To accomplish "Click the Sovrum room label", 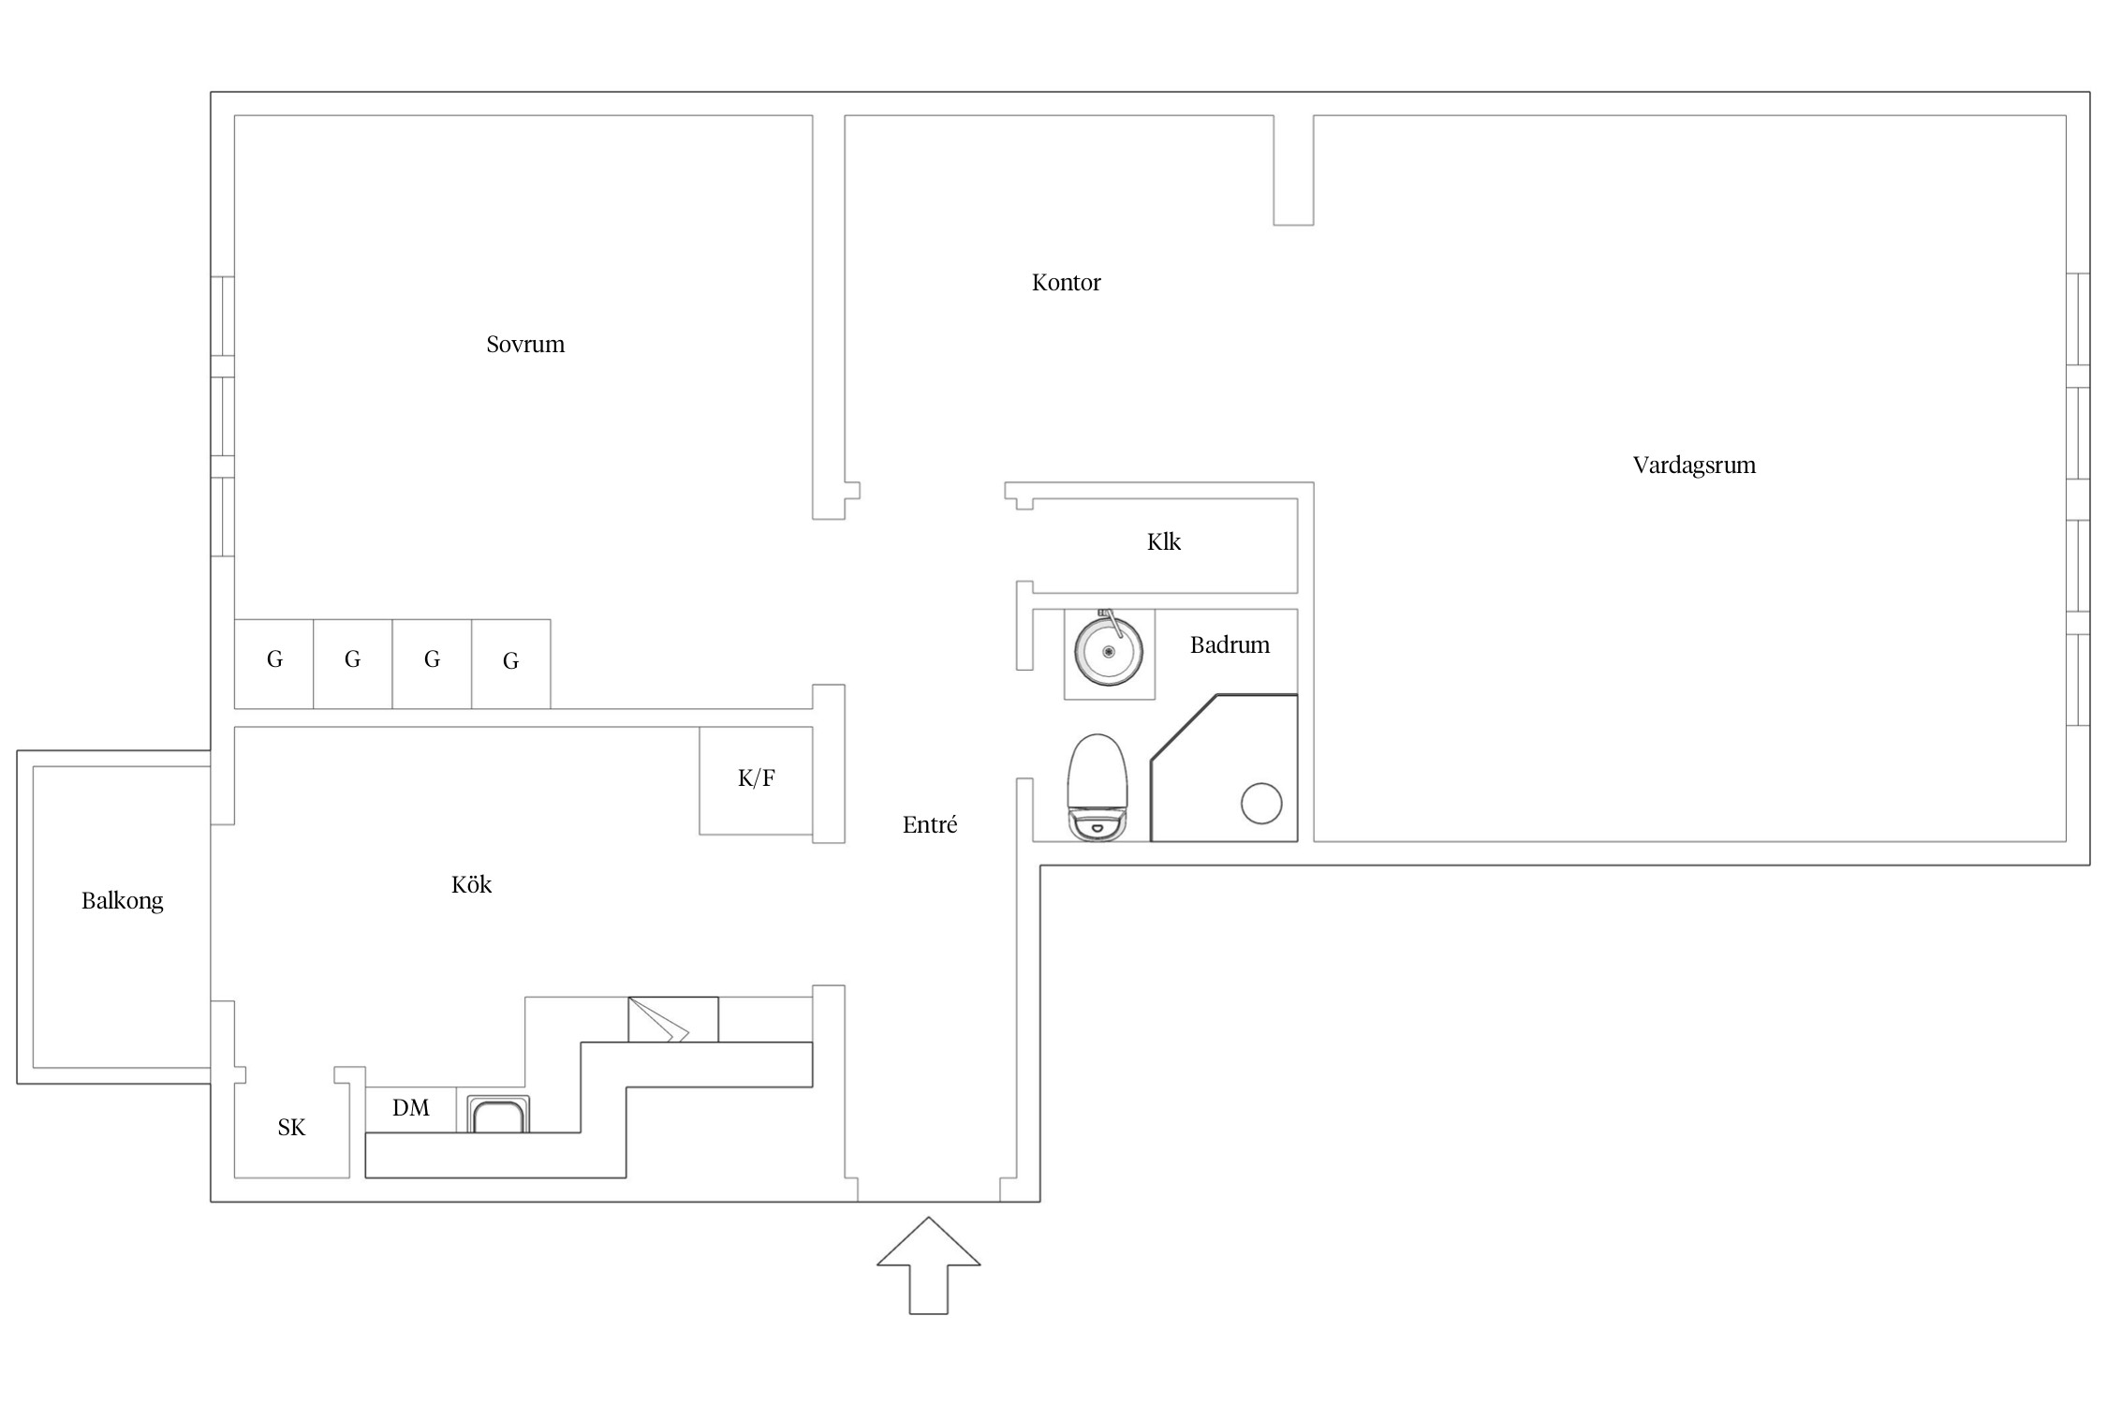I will (x=525, y=345).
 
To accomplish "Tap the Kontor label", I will (x=1066, y=283).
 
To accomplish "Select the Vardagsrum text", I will (x=1693, y=466).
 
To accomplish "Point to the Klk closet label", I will (x=1163, y=542).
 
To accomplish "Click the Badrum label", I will (x=1229, y=645).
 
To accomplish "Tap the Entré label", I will (x=929, y=825).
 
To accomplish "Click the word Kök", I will (x=471, y=885).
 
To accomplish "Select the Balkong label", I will (x=122, y=901).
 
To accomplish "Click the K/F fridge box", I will (x=756, y=779).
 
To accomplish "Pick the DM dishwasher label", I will (x=410, y=1108).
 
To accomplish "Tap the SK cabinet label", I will (x=291, y=1128).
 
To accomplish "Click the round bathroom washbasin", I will (x=1109, y=651).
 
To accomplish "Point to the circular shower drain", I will (x=1260, y=803).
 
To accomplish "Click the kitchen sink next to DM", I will (x=498, y=1115).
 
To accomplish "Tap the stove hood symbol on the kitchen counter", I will (x=672, y=1020).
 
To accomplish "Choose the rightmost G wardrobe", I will (x=510, y=663).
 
